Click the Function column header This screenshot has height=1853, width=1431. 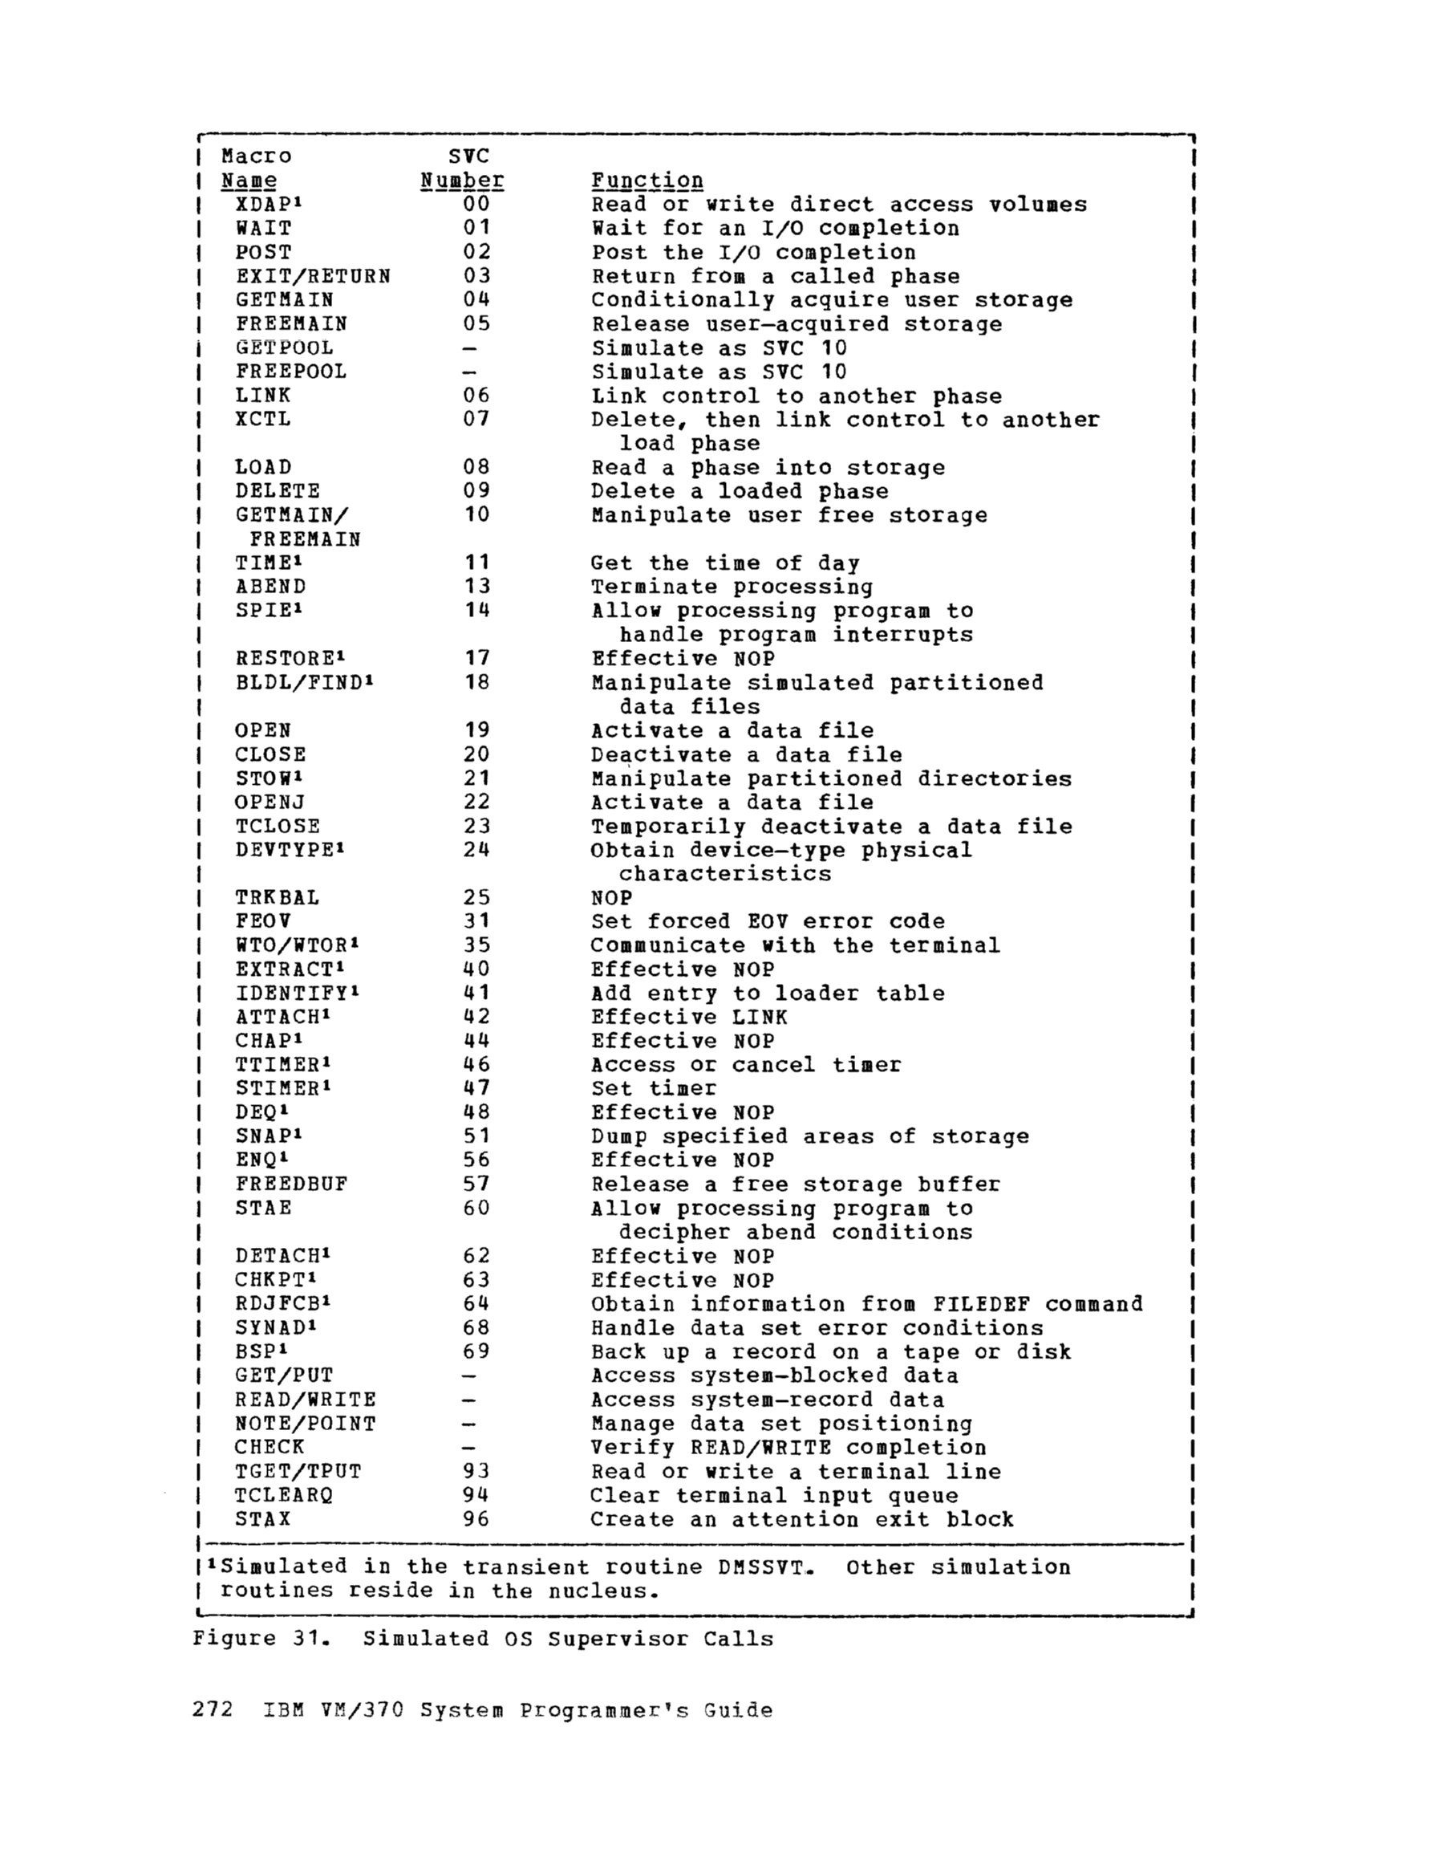647,181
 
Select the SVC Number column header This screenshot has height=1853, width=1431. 463,169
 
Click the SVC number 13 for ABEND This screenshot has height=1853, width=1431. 476,587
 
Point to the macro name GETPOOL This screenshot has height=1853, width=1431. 284,347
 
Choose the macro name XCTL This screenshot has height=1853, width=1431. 263,420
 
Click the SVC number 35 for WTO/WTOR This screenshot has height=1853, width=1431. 476,945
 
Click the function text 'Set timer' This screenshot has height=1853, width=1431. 653,1088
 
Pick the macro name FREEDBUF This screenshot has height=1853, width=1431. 291,1185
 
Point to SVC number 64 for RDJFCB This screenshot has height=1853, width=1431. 476,1304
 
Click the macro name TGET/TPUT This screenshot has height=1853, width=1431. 298,1472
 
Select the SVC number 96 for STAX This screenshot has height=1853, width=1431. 476,1520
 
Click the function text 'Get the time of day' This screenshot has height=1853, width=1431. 725,563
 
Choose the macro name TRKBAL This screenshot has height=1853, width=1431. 278,898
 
